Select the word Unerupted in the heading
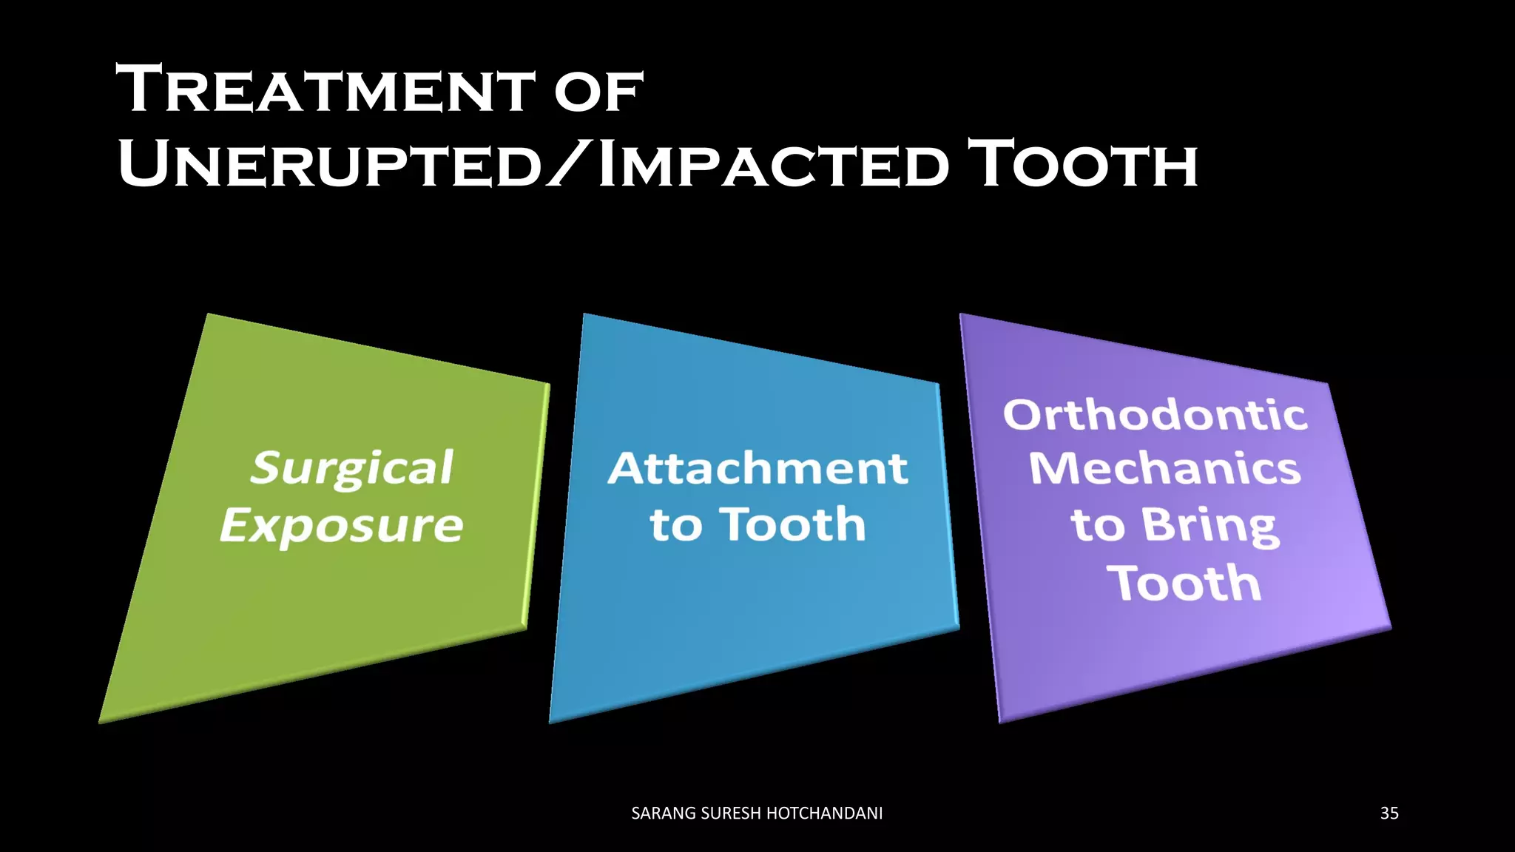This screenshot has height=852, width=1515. click(330, 164)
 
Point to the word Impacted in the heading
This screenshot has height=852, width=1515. click(773, 164)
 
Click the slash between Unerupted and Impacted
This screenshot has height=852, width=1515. click(570, 164)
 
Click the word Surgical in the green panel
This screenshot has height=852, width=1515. click(352, 469)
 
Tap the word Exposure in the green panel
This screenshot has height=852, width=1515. click(342, 526)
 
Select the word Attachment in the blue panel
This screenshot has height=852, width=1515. click(757, 469)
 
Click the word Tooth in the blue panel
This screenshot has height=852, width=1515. click(792, 524)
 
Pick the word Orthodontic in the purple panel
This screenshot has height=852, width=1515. click(1155, 415)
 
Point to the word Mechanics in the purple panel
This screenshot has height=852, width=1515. click(1165, 469)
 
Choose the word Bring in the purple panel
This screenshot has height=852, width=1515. click(1209, 526)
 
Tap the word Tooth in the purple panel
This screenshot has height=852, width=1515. click(1184, 584)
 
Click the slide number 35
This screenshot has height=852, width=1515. click(1389, 814)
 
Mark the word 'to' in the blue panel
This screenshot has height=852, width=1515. click(675, 526)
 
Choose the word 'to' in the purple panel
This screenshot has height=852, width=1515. click(1098, 526)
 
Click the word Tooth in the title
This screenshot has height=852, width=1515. click(1084, 164)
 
